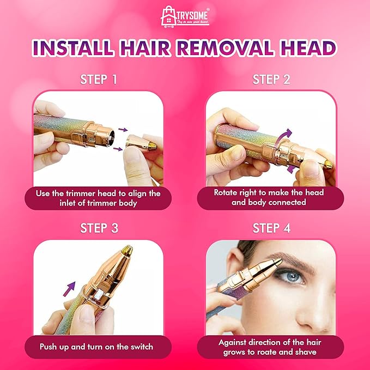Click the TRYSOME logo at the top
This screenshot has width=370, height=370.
tap(185, 16)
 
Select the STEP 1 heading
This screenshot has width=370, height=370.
tap(99, 80)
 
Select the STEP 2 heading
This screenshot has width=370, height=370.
tap(271, 80)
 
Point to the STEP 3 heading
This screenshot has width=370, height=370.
tap(99, 228)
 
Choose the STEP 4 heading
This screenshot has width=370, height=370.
tap(271, 228)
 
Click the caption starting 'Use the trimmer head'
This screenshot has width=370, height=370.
tap(99, 198)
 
